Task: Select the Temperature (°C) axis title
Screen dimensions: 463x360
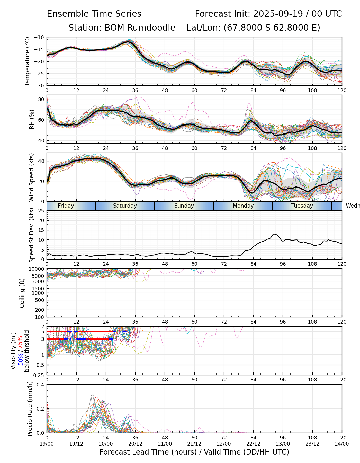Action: point(28,61)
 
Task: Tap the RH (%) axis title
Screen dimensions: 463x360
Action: point(32,119)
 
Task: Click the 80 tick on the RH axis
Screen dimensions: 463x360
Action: point(41,100)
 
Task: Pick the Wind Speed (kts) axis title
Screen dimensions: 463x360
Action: point(31,177)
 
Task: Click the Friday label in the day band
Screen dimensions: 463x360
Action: point(66,206)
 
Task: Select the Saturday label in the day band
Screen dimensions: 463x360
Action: point(125,206)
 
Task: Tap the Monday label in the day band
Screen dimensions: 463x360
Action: point(243,206)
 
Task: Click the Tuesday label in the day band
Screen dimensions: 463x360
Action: point(302,206)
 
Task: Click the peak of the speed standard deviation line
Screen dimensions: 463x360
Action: point(274,234)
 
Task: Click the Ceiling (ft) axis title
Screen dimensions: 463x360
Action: point(22,293)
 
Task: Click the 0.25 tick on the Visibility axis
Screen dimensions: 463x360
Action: point(39,375)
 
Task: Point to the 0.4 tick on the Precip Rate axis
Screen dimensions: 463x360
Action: point(41,385)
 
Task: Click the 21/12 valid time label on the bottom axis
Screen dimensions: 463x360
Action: point(194,444)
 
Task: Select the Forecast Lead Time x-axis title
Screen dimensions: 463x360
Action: point(194,452)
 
